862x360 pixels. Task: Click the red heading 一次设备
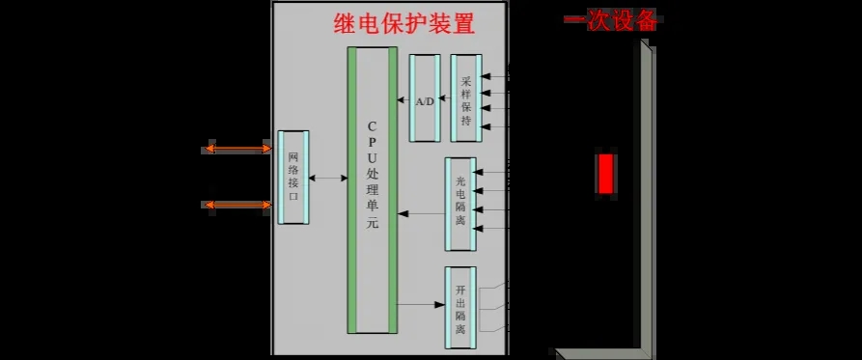click(x=611, y=19)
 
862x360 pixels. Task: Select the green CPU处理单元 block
click(x=373, y=189)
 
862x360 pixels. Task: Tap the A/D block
click(x=425, y=100)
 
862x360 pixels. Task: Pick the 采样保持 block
click(x=466, y=97)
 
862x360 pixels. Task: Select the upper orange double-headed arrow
click(x=238, y=149)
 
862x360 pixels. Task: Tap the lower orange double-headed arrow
click(x=238, y=205)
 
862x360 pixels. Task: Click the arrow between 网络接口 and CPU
click(x=329, y=179)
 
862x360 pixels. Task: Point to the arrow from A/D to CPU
click(x=403, y=99)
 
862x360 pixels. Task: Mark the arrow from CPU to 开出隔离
click(x=421, y=306)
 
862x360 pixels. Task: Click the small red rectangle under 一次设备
click(x=605, y=174)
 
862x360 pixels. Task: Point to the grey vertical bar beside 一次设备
click(x=645, y=193)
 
